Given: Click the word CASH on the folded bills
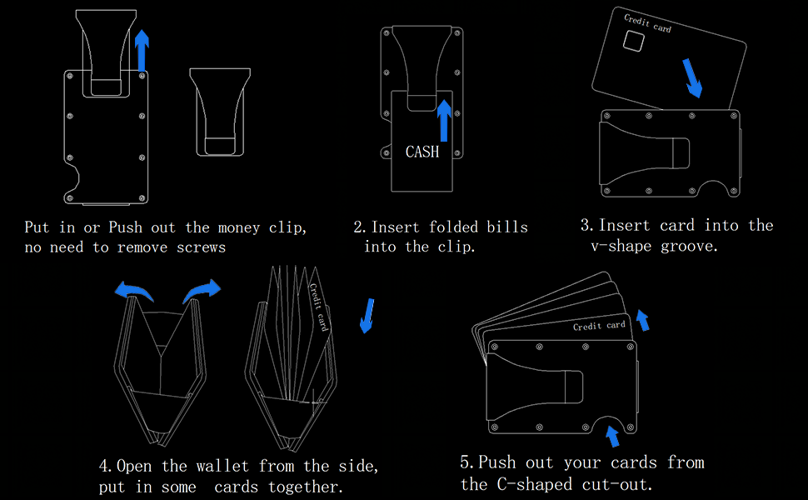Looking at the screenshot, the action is click(x=422, y=152).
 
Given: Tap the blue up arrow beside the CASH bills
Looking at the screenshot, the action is click(x=444, y=120).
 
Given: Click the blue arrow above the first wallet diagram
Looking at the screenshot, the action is click(x=142, y=50).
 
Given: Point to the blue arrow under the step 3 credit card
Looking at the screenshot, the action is click(x=693, y=77).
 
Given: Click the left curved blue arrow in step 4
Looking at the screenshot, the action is click(x=134, y=291).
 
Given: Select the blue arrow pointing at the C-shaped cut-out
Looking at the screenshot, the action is click(x=612, y=434).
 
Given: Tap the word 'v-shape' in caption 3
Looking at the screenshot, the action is click(x=620, y=247).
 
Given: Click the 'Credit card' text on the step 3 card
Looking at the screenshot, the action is click(x=648, y=22).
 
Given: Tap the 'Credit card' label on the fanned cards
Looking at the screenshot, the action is click(x=599, y=326).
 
